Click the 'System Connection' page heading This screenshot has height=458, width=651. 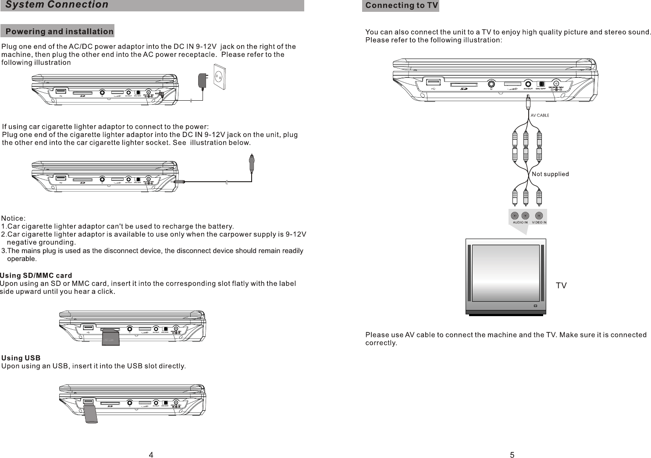57,5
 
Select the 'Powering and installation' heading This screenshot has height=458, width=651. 59,32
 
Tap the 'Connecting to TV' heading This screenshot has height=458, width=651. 401,6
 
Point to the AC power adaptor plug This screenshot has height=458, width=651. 203,81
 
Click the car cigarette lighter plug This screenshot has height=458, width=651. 252,164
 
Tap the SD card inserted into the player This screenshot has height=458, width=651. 110,338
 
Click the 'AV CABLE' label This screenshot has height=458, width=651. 540,116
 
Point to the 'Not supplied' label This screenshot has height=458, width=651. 550,174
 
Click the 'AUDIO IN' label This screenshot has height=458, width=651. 520,222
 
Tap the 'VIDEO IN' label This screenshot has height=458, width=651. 539,222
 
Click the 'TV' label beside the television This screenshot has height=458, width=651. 561,285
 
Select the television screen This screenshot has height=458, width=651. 505,273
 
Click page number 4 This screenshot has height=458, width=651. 151,454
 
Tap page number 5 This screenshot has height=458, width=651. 512,454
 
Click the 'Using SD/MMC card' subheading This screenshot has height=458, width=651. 36,275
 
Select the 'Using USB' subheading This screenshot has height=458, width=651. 21,358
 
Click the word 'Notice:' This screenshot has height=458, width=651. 14,218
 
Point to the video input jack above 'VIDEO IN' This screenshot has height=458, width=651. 539,215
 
